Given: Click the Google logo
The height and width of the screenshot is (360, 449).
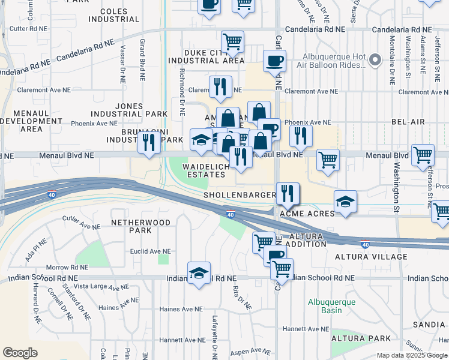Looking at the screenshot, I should point(20,352).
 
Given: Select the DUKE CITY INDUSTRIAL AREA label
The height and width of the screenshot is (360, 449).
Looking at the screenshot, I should point(206,56).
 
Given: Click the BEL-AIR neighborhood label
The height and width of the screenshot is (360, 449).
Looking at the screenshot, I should point(408,122).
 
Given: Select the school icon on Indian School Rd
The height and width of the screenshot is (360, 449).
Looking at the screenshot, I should point(199,273).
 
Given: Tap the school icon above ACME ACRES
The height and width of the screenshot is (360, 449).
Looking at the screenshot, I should point(345,202).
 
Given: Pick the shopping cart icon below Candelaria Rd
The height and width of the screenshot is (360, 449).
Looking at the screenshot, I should point(232,42).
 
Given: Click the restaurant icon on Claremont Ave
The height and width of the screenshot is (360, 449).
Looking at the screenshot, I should point(220,86).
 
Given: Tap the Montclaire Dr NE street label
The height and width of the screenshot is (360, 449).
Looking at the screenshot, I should point(391,57).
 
